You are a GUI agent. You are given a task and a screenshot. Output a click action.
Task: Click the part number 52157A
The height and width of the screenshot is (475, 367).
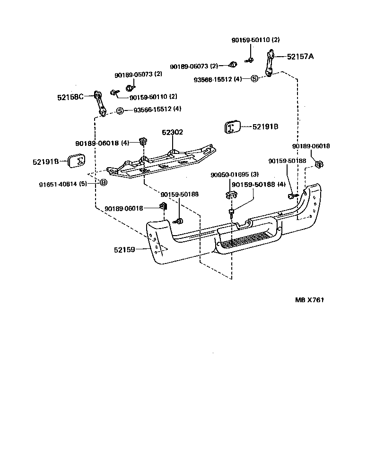coord(300,57)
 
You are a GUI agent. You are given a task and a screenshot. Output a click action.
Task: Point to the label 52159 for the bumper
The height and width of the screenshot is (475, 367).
coord(125,250)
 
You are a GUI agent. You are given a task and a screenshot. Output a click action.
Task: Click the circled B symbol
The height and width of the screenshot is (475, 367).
coord(103,182)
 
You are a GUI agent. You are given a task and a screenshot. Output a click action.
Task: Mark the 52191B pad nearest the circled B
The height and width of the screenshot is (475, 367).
coord(77,161)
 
